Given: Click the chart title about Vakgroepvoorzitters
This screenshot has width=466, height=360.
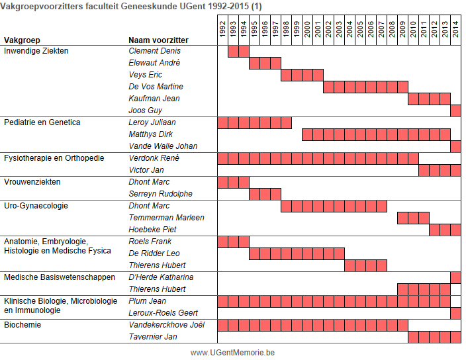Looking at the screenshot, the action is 131,6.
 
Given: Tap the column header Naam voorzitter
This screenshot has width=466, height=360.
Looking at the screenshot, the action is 158,40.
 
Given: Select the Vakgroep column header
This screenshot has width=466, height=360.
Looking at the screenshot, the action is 22,40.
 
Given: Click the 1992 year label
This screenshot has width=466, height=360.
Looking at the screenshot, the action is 222,29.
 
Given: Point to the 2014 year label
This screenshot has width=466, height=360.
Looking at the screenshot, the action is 455,29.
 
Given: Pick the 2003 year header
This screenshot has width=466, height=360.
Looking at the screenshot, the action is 339,29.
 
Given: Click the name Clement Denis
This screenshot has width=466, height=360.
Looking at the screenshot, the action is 154,51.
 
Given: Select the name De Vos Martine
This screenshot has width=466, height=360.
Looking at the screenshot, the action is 156,87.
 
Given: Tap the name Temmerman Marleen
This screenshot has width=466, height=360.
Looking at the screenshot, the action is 166,218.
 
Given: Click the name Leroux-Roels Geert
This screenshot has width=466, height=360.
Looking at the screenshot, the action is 163,313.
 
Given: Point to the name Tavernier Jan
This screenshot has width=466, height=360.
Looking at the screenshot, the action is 153,337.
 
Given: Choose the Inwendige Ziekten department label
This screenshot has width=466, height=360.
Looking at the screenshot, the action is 36,51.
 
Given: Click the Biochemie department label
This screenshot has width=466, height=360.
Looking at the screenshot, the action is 23,325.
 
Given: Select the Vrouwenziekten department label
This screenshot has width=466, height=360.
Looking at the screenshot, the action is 32,182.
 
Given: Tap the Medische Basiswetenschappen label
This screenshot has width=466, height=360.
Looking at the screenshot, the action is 60,277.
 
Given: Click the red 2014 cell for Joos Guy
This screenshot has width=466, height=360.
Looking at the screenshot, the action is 455,111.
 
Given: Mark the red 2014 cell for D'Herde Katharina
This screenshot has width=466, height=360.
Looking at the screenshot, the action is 455,278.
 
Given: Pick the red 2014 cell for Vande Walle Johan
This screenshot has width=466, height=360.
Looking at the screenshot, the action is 455,146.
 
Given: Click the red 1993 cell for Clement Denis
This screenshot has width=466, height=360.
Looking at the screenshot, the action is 233,51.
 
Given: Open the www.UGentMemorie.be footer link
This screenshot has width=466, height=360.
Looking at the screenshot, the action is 232,353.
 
